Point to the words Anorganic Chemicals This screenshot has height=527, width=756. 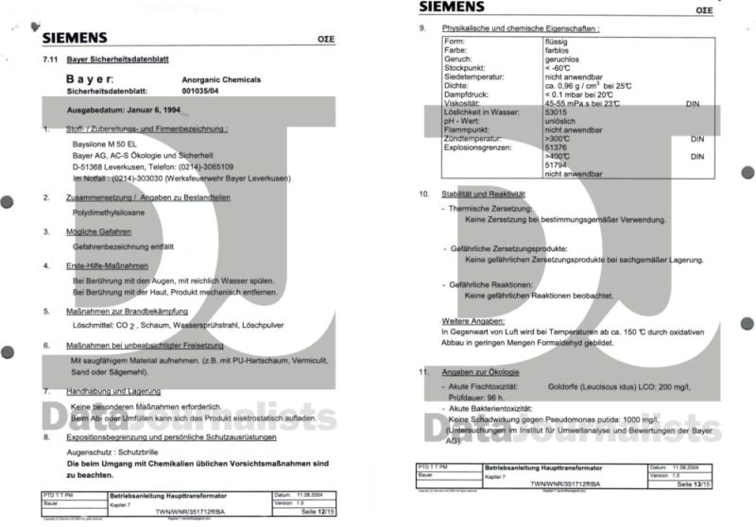(x=221, y=80)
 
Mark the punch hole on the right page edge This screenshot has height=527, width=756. (x=747, y=324)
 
